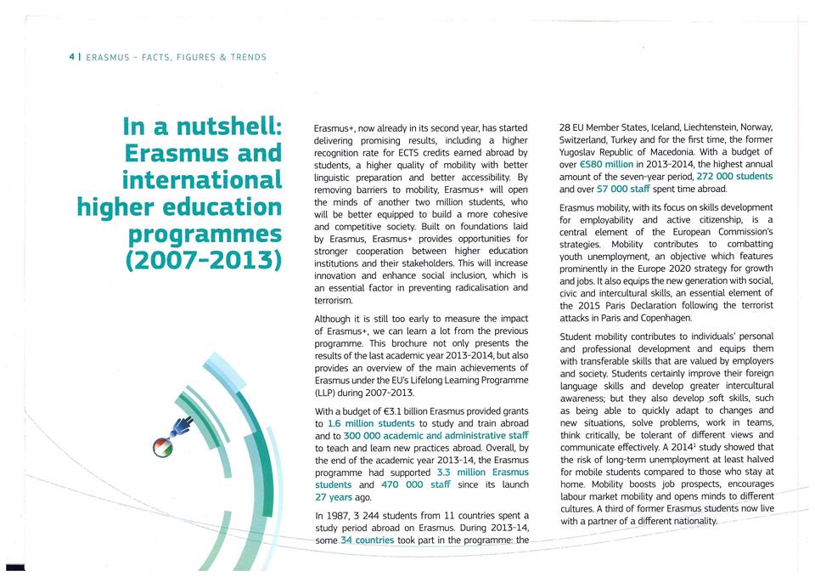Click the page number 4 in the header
pyautogui.click(x=72, y=57)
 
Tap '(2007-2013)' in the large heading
pyautogui.click(x=203, y=259)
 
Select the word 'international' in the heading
pyautogui.click(x=201, y=180)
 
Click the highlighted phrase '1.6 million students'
pyautogui.click(x=371, y=423)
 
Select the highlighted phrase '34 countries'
pyautogui.click(x=367, y=540)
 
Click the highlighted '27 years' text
pyautogui.click(x=334, y=497)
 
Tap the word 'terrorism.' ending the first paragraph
pyautogui.click(x=333, y=301)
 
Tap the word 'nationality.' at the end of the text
pyautogui.click(x=692, y=521)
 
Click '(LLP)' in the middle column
pyautogui.click(x=328, y=393)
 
